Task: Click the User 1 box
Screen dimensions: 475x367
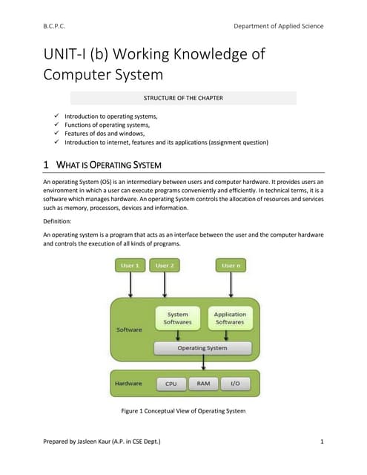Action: pos(130,265)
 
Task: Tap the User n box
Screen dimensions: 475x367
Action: pos(231,265)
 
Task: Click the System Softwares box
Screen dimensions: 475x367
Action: pos(178,318)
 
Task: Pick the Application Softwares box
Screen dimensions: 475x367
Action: pos(230,318)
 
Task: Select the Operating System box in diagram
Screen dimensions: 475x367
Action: pos(202,347)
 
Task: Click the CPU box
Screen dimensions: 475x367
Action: pos(171,384)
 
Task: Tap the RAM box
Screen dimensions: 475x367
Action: pos(203,384)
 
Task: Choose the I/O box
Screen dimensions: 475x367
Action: pos(235,384)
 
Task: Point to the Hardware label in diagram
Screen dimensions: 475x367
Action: pos(128,384)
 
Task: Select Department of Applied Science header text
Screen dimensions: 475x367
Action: pos(278,26)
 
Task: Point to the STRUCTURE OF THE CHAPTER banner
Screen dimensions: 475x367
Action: pos(183,97)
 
